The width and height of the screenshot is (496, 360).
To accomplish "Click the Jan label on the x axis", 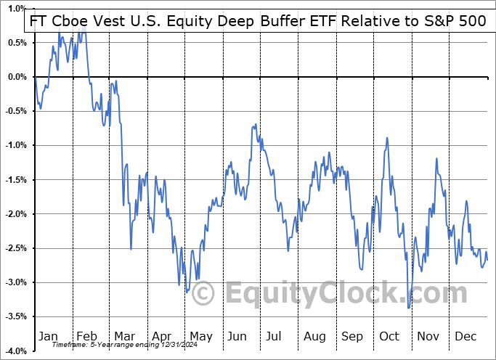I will click(48, 336).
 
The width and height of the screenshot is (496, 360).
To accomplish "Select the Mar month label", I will click(124, 336).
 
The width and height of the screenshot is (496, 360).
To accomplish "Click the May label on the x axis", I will click(200, 336).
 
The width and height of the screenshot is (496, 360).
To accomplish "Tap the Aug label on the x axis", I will click(315, 336).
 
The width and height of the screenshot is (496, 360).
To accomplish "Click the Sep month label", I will click(351, 336).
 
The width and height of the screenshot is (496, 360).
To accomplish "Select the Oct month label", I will click(390, 336).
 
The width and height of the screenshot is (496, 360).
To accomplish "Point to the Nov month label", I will click(428, 336).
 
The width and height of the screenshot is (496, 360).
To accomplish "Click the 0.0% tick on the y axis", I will click(16, 77).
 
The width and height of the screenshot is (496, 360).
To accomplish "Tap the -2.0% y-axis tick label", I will click(16, 214).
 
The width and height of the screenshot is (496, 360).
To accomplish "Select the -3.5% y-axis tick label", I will click(16, 316).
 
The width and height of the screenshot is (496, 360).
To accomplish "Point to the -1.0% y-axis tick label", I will click(16, 145).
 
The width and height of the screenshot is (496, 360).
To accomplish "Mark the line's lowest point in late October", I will click(409, 308).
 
